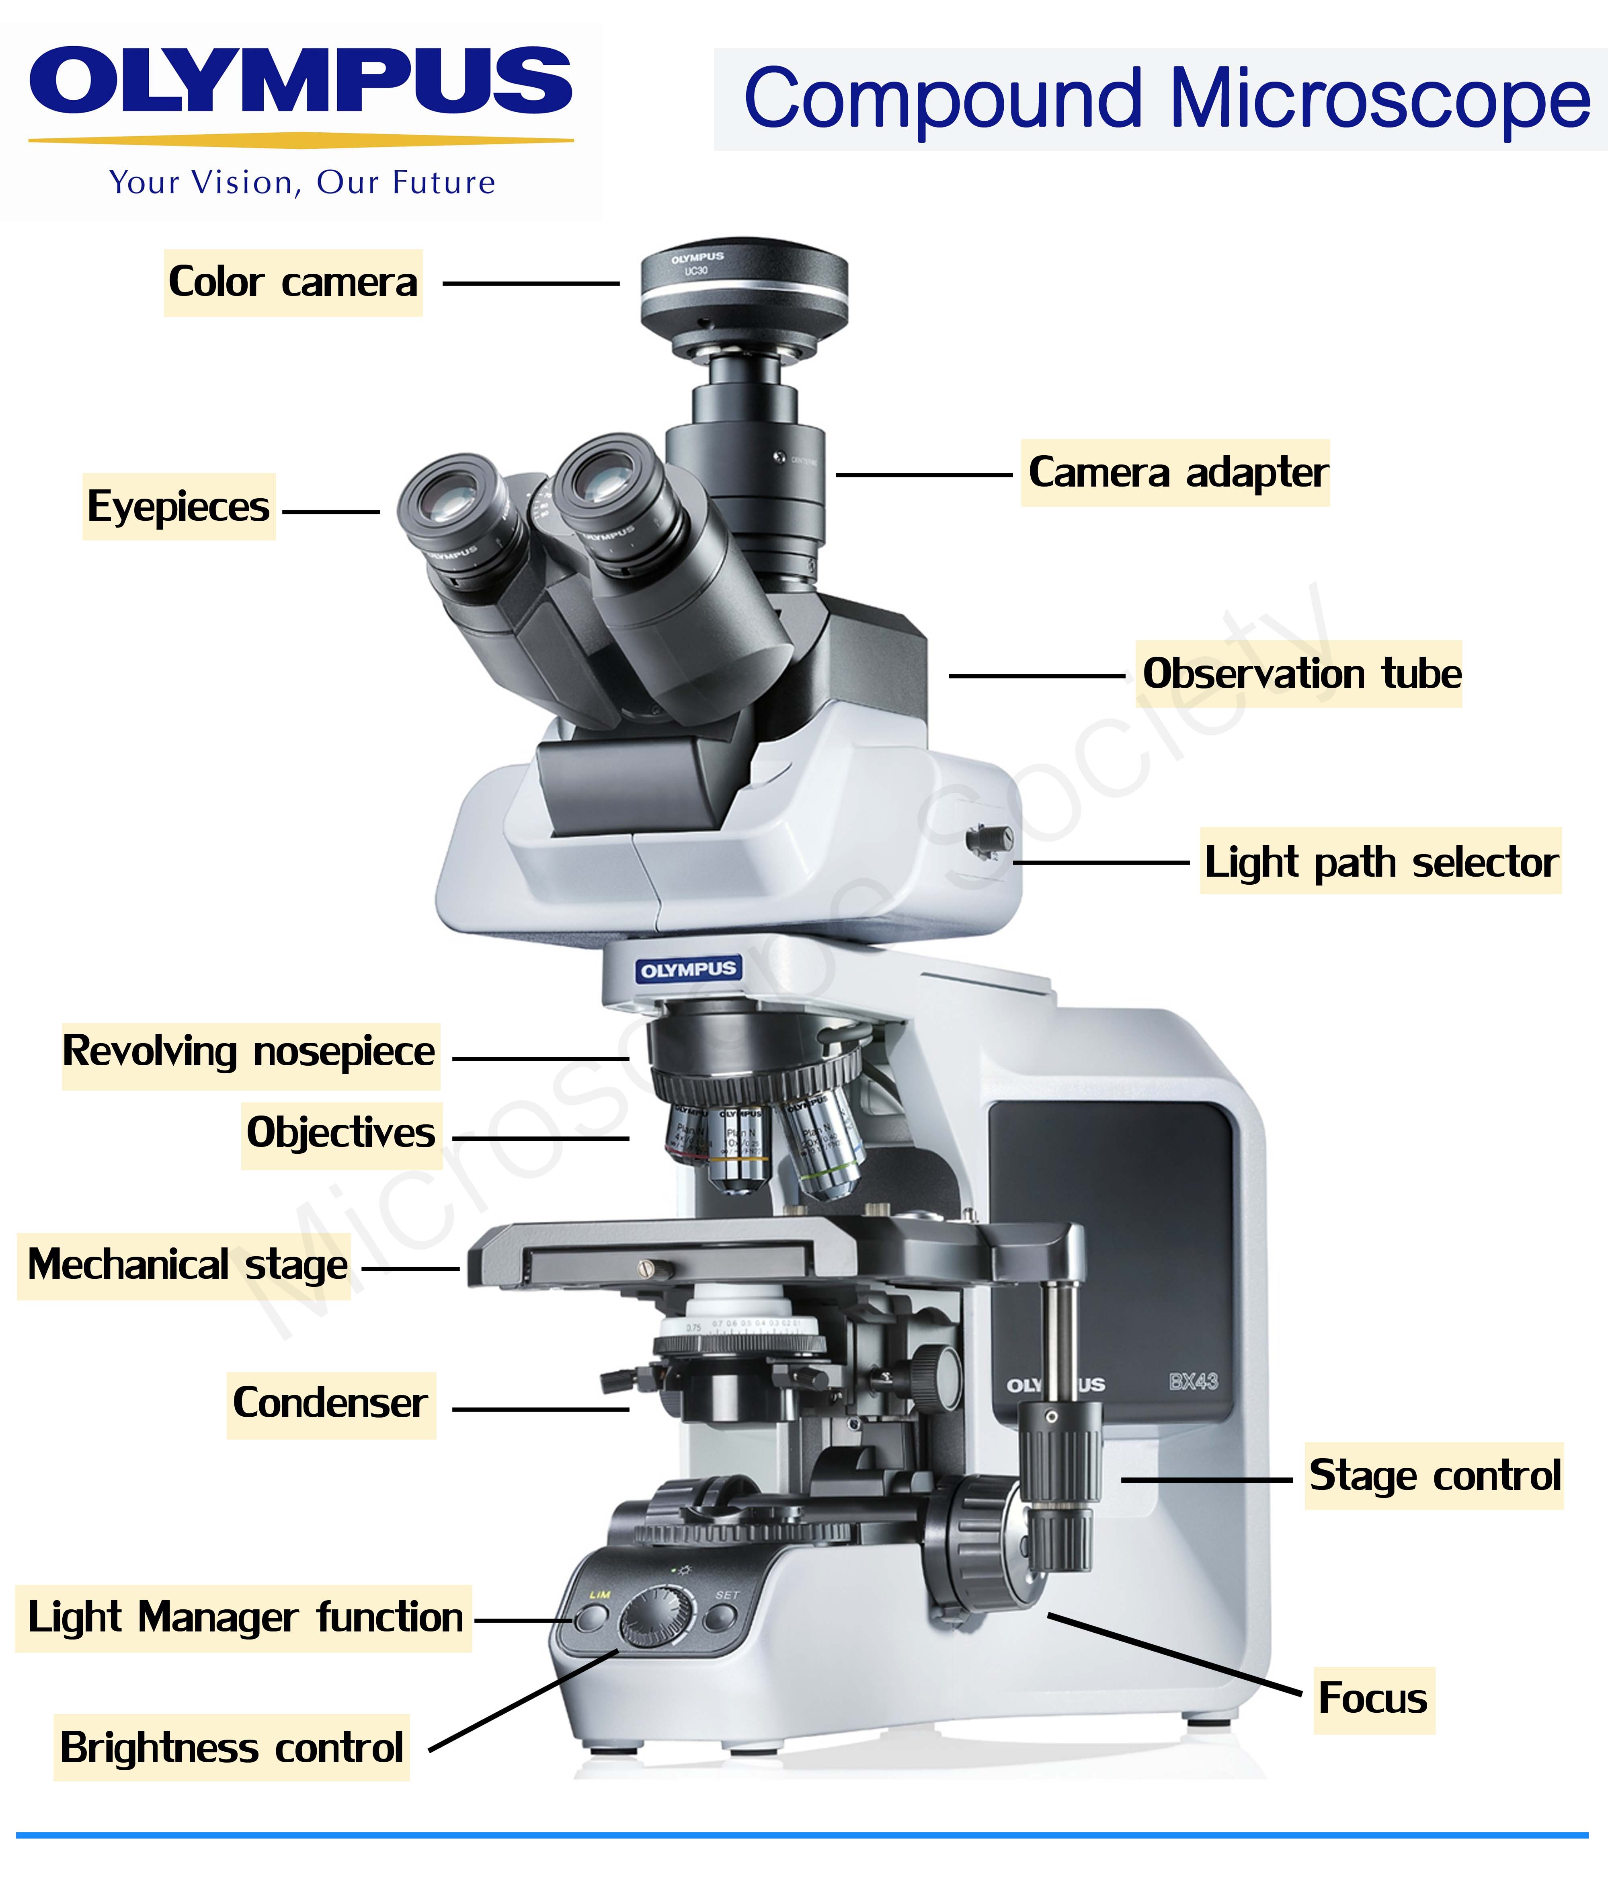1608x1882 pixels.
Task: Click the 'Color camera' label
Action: (292, 282)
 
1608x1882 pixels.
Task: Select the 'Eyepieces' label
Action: (179, 507)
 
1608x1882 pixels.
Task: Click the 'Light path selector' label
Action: (1380, 861)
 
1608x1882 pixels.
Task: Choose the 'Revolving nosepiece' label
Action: (250, 1052)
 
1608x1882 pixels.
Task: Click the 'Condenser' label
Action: (330, 1403)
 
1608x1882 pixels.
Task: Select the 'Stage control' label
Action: (1435, 1476)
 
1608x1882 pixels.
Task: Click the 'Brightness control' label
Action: (232, 1748)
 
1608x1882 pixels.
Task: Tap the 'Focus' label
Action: (1373, 1699)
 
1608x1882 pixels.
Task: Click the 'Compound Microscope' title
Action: (1167, 100)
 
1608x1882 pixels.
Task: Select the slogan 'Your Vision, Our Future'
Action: (302, 183)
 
